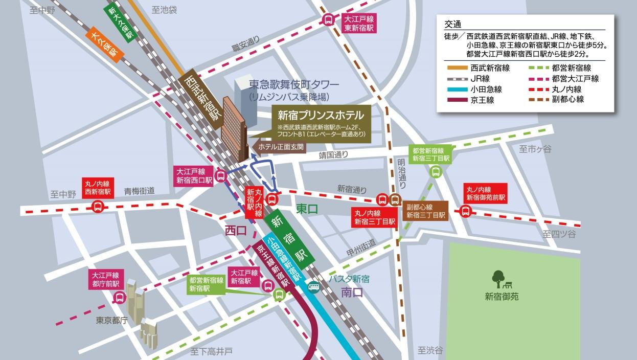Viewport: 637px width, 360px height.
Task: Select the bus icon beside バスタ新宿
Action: tap(314, 287)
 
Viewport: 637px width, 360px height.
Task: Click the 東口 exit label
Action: tap(307, 209)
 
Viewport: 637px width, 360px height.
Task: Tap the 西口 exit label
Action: tap(236, 231)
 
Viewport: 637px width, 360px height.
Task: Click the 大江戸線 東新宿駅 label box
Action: tap(359, 23)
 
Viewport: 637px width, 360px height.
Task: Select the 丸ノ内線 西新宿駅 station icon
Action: tap(97, 207)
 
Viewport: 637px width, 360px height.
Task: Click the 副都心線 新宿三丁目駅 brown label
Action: tap(426, 211)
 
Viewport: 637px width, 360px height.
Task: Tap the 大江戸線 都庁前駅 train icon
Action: tap(119, 297)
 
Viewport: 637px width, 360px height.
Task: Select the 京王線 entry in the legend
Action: tap(482, 99)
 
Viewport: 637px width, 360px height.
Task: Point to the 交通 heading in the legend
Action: tap(453, 24)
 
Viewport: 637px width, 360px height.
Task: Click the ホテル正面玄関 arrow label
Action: tap(280, 147)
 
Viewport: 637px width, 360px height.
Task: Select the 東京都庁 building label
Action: tap(111, 321)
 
